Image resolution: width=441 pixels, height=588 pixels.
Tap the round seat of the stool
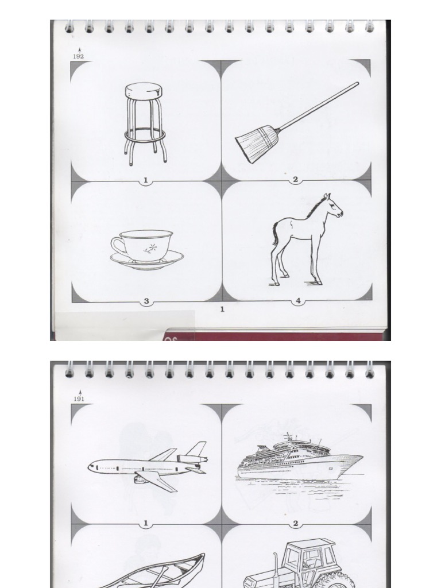pos(144,91)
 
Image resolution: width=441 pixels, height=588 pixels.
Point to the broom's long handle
pos(318,106)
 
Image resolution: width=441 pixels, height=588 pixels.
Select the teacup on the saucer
pos(142,246)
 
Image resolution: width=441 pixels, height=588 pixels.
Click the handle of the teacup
pos(118,246)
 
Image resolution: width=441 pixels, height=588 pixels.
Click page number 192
pos(78,57)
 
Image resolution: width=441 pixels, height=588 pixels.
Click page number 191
pos(79,399)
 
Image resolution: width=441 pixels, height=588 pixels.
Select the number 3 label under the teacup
pos(146,301)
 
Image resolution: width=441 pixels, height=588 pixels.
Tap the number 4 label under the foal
pos(298,301)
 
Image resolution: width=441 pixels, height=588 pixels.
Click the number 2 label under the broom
pos(295,180)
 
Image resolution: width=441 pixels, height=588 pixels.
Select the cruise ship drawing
pos(300,461)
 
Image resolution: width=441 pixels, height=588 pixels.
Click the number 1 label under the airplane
pos(146,523)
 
